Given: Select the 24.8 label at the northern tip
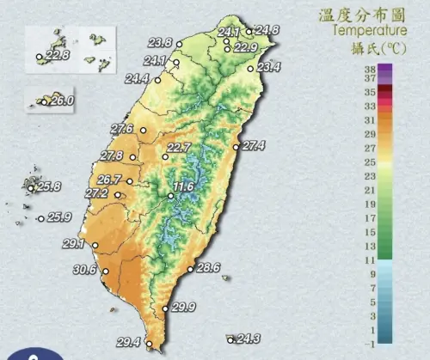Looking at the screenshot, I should click(x=267, y=30).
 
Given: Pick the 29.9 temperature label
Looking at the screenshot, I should click(x=184, y=308).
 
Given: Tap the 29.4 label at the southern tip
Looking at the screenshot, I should click(x=128, y=342).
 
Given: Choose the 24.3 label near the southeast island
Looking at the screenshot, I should click(x=249, y=339).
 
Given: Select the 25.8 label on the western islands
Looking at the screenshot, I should click(x=49, y=186).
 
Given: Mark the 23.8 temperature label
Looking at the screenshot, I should click(x=160, y=43).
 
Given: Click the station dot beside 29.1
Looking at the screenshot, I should click(x=94, y=246).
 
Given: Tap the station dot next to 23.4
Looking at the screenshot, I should click(x=250, y=67).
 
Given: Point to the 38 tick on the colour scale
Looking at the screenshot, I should click(x=369, y=67).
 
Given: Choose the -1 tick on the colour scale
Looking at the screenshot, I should click(x=369, y=343).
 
